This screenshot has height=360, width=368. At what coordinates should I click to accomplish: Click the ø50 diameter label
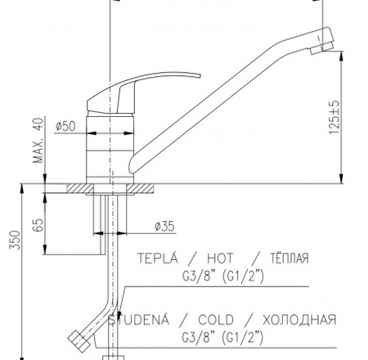point(65,126)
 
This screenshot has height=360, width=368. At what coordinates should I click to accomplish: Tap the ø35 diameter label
point(164,227)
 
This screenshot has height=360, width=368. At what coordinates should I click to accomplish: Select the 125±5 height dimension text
point(334,118)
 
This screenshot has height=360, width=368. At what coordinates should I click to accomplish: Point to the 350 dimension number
point(15,240)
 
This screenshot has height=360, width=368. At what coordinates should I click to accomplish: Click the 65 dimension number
point(38,225)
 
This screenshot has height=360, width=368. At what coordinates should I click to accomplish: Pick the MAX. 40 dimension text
point(38,141)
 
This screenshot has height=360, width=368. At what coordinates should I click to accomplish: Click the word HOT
point(220,258)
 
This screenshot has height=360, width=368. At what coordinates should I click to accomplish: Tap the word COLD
point(216,320)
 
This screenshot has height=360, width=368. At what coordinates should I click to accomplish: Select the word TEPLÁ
point(158,258)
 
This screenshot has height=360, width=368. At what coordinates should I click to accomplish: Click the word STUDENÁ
point(138,319)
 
